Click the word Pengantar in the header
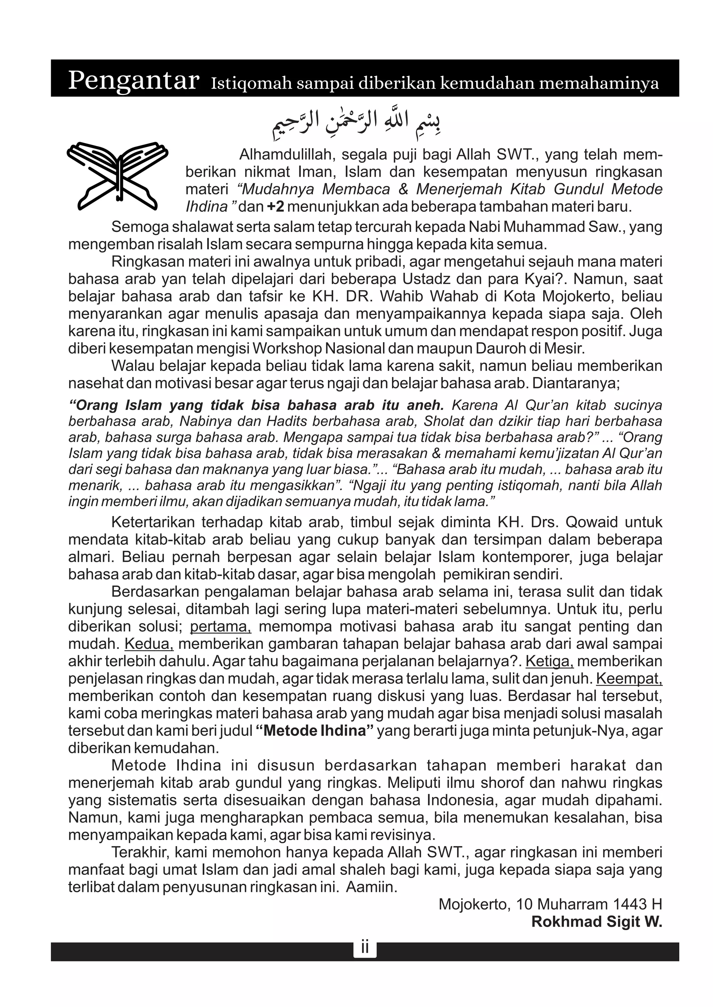(x=133, y=81)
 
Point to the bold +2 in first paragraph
(x=276, y=206)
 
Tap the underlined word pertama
(x=220, y=626)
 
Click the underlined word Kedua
(x=149, y=644)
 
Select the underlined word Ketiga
(x=549, y=661)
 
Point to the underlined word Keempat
(x=629, y=678)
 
